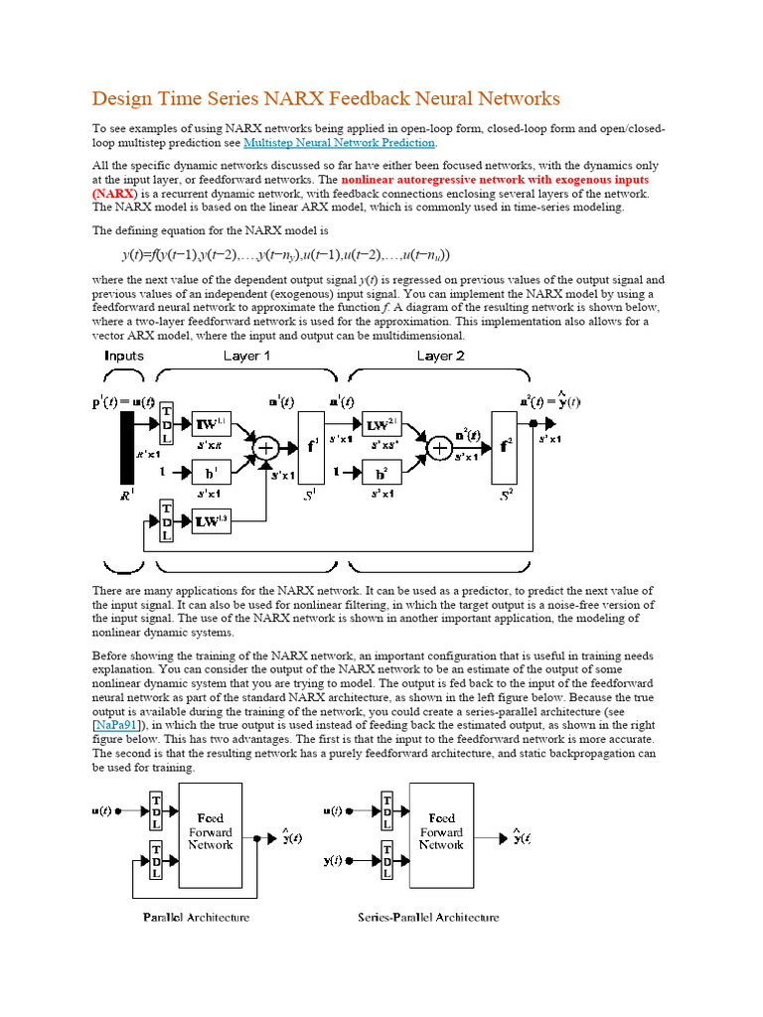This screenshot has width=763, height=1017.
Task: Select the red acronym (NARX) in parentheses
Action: click(113, 194)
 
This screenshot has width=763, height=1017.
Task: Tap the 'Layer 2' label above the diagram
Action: click(441, 356)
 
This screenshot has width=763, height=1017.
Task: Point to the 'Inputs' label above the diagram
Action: click(123, 356)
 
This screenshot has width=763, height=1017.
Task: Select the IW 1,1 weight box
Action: click(211, 423)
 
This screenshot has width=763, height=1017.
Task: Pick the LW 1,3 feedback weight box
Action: click(211, 520)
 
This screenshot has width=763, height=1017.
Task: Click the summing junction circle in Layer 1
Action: click(265, 448)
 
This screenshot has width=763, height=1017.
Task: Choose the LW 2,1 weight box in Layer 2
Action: click(381, 424)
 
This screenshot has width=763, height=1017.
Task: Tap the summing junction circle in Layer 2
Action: click(438, 448)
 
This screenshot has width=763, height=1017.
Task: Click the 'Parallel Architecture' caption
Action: click(197, 917)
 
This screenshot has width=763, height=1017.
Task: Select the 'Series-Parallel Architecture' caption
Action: click(428, 917)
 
